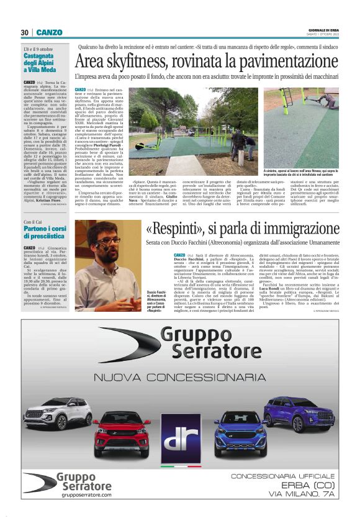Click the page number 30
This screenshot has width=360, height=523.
[x=25, y=32]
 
